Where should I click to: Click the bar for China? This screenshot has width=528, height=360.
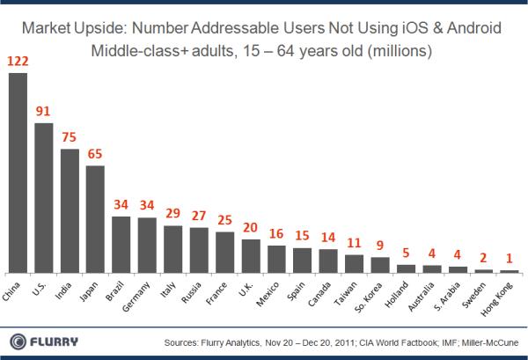[18, 173]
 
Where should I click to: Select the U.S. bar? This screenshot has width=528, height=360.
[43, 197]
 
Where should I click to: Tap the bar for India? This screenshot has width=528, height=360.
[70, 210]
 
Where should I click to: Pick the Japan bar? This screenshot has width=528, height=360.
[95, 218]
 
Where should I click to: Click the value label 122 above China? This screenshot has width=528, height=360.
[18, 61]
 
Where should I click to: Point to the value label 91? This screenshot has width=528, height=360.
[43, 112]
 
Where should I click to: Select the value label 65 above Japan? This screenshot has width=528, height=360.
[95, 153]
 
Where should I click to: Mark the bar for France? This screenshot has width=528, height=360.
[224, 252]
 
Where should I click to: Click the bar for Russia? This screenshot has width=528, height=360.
[199, 250]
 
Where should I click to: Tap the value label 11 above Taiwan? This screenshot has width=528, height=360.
[354, 243]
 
